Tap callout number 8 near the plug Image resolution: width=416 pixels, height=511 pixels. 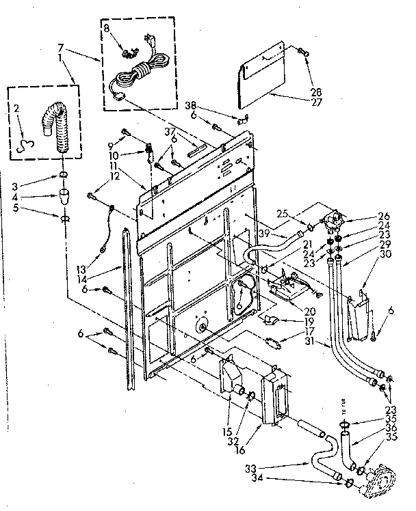pos(106,28)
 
